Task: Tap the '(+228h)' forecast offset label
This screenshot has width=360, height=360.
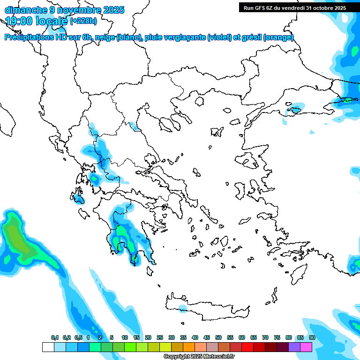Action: (x=83, y=21)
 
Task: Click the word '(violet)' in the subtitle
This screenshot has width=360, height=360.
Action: (x=221, y=37)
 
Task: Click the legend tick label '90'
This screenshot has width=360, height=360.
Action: (x=312, y=337)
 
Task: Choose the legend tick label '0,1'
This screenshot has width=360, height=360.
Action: (x=55, y=337)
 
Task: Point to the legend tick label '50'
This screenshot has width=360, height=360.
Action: (x=218, y=337)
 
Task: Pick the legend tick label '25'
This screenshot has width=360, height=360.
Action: (x=160, y=337)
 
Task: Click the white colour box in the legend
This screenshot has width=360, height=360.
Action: (x=48, y=347)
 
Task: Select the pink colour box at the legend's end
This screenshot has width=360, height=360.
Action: (x=306, y=347)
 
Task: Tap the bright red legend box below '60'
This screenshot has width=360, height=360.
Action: (x=247, y=347)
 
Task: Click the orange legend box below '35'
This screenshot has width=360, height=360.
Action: (x=188, y=347)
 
